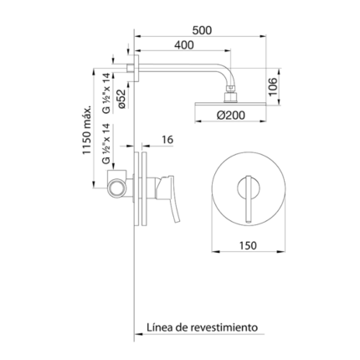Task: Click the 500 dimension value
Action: [x=202, y=30]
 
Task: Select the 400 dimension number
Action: [x=183, y=45]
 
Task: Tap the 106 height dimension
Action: [x=273, y=87]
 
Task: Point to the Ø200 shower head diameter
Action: [x=230, y=115]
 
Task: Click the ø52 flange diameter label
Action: [x=122, y=99]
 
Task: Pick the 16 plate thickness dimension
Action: [x=167, y=140]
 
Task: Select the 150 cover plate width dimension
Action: [x=248, y=245]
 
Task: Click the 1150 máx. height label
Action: [x=87, y=130]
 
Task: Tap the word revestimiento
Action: [x=224, y=327]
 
